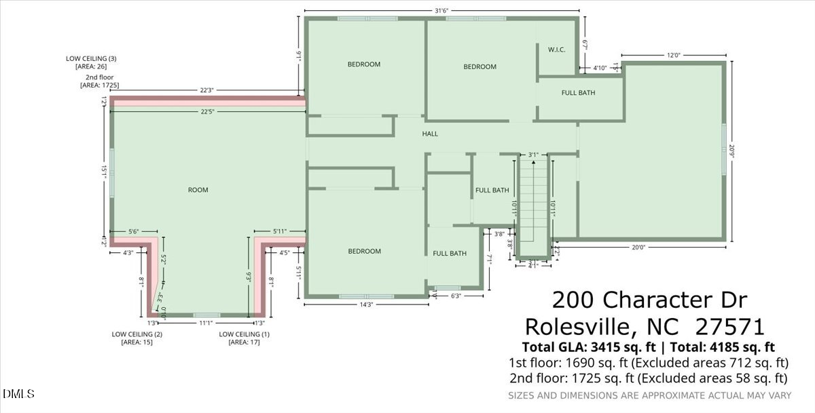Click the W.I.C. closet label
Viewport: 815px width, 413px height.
[556, 50]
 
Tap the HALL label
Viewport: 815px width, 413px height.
[430, 134]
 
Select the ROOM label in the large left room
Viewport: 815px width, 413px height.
[198, 190]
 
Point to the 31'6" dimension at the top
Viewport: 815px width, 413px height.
[441, 10]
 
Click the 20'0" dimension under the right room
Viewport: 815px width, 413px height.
[638, 248]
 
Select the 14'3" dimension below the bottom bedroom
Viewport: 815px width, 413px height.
[366, 304]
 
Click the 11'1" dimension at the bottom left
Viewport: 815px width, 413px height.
[206, 323]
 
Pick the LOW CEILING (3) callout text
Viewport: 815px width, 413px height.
[91, 59]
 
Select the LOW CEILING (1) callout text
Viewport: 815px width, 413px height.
[244, 334]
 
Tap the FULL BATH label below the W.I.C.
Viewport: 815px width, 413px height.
[578, 93]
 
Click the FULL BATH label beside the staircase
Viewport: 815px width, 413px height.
[492, 191]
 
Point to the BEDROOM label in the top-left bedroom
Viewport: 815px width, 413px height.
[364, 64]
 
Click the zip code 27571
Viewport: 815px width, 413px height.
[730, 328]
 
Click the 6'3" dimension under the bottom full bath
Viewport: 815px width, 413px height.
[456, 296]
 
